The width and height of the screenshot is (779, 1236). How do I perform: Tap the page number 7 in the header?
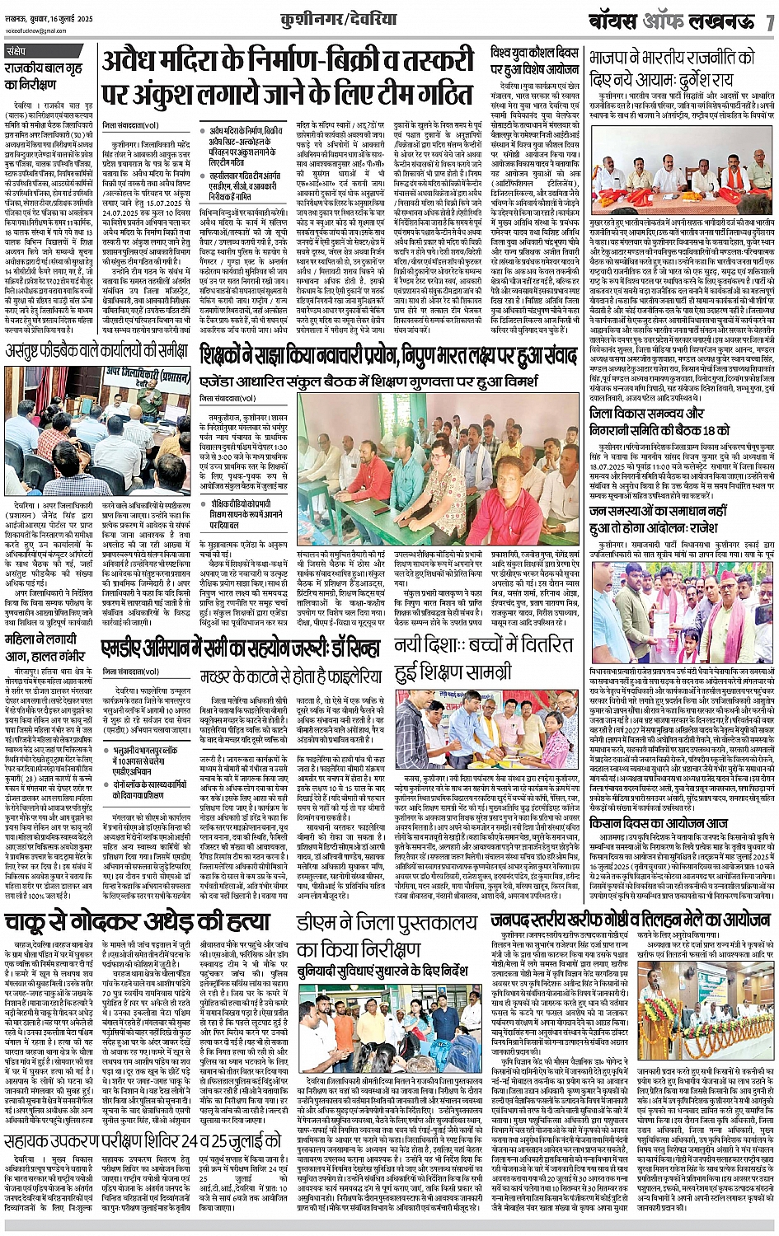(x=768, y=21)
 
